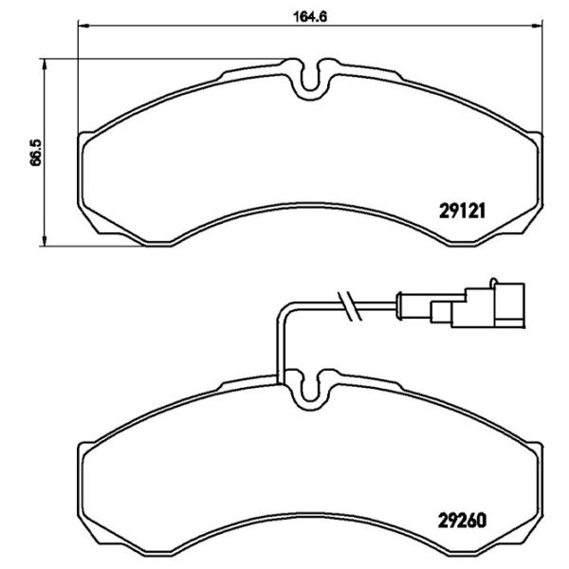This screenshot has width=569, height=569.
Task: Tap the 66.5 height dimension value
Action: click(x=36, y=152)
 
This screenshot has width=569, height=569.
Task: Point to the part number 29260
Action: click(x=462, y=519)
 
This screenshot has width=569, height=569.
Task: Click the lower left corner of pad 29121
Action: click(x=93, y=229)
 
